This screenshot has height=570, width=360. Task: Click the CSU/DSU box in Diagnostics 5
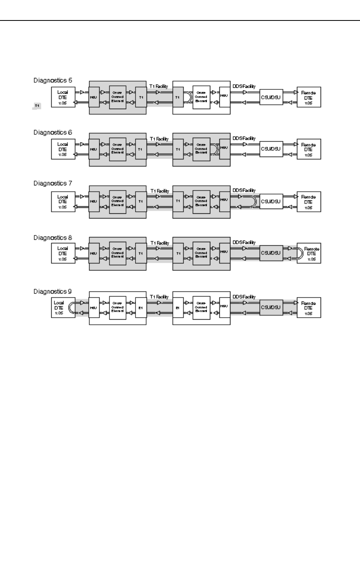pyautogui.click(x=271, y=97)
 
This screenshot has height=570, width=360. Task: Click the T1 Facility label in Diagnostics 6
pyautogui.click(x=159, y=139)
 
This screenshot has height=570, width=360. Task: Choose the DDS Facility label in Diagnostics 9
pyautogui.click(x=244, y=297)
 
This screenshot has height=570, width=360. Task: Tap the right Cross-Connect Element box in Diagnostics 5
pyautogui.click(x=201, y=97)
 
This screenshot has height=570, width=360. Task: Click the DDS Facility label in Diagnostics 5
pyautogui.click(x=244, y=86)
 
